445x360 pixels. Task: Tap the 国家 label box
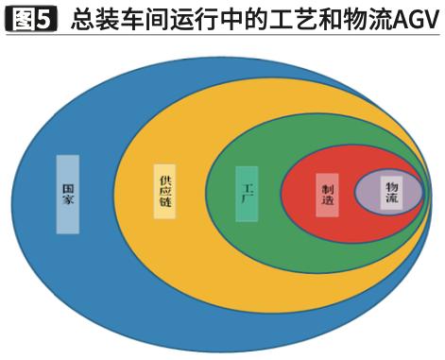click(x=68, y=194)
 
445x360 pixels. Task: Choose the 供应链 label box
click(x=165, y=192)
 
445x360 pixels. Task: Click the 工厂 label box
click(x=247, y=194)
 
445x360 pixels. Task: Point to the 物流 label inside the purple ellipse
click(x=391, y=193)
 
